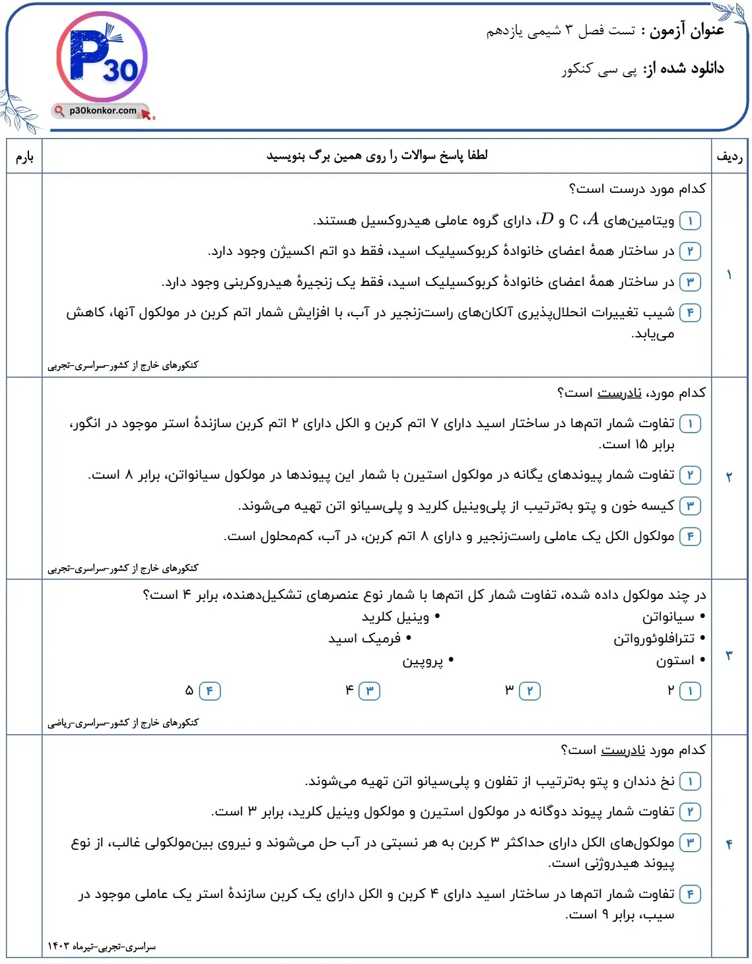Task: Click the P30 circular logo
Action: coord(102,58)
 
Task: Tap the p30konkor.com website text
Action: coord(103,111)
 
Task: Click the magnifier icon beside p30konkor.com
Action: coord(60,111)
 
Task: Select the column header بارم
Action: coord(24,156)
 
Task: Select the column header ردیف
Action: coord(729,156)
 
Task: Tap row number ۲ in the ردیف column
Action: coord(729,477)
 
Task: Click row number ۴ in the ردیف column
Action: coord(729,844)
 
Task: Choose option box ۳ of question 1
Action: coord(690,282)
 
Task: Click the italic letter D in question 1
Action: coord(547,219)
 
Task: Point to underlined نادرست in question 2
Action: coord(619,393)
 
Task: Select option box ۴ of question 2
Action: coord(690,536)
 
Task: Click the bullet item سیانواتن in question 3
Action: coord(668,617)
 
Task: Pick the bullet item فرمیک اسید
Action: coord(364,638)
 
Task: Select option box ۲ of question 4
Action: coord(690,811)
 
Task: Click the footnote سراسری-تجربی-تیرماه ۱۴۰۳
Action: coord(102,947)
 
